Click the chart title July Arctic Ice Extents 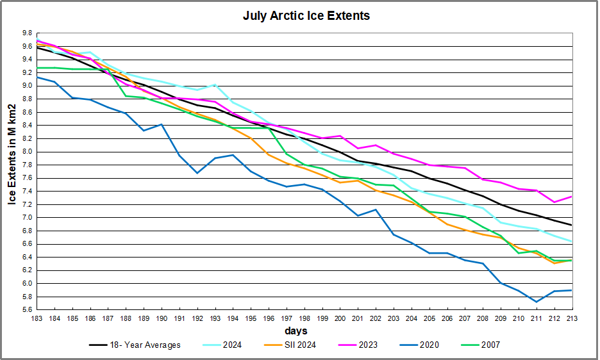pyautogui.click(x=306, y=15)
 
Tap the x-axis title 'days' pyautogui.click(x=296, y=331)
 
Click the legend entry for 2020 pyautogui.click(x=428, y=345)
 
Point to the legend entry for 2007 pyautogui.click(x=488, y=345)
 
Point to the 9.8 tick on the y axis pyautogui.click(x=26, y=33)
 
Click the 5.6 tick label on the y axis pyautogui.click(x=26, y=309)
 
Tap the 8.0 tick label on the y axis pyautogui.click(x=26, y=151)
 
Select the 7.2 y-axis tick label pyautogui.click(x=26, y=204)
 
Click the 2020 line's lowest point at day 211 pyautogui.click(x=536, y=302)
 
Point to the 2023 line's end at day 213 pyautogui.click(x=572, y=196)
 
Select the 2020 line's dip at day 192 pyautogui.click(x=198, y=173)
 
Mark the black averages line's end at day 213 pyautogui.click(x=572, y=225)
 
